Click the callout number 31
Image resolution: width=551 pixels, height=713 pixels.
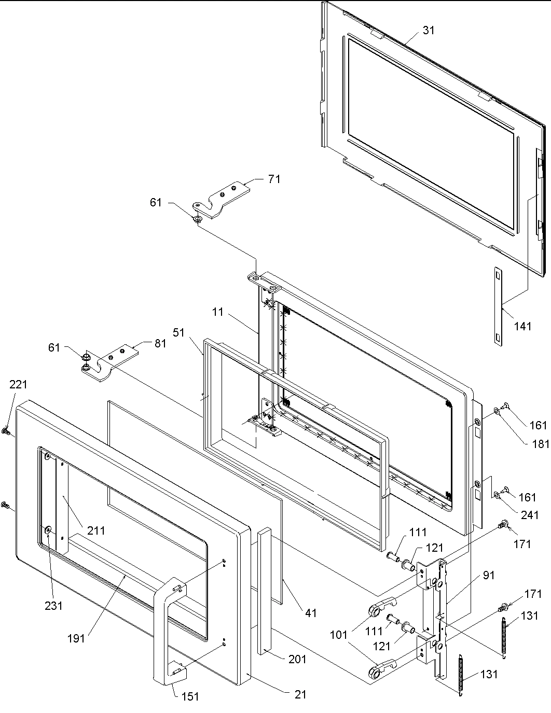click(x=429, y=31)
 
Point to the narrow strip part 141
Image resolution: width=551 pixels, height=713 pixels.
click(x=499, y=306)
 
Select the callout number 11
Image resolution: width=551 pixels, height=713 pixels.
click(x=217, y=312)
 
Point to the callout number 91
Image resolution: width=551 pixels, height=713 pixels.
click(x=489, y=575)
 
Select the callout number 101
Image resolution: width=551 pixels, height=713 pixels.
click(x=338, y=634)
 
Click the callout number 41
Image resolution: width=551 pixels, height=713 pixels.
click(x=310, y=613)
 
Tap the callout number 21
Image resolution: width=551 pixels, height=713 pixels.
click(x=300, y=694)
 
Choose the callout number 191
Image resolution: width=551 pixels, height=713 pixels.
click(x=76, y=638)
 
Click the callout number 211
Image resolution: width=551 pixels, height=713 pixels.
click(x=96, y=530)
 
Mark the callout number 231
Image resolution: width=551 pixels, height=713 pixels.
click(x=53, y=605)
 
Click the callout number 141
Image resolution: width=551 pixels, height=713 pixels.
click(x=522, y=326)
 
